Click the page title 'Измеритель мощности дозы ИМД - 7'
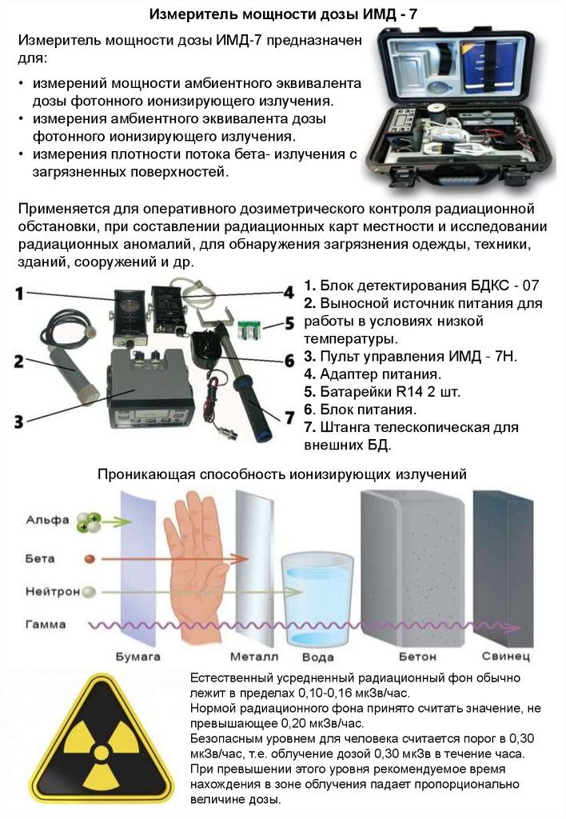[283, 14]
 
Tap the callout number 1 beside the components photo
[19, 293]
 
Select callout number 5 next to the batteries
[289, 323]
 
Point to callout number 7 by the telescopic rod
[289, 417]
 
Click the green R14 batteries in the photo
[249, 330]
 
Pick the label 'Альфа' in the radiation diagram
[47, 520]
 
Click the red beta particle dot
[90, 559]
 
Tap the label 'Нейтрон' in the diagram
[52, 591]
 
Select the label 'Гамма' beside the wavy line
[46, 624]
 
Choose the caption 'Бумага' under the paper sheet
[138, 657]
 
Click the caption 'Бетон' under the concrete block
[417, 657]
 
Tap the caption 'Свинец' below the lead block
[505, 656]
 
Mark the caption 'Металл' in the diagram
[254, 657]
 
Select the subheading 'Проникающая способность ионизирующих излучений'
[282, 474]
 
